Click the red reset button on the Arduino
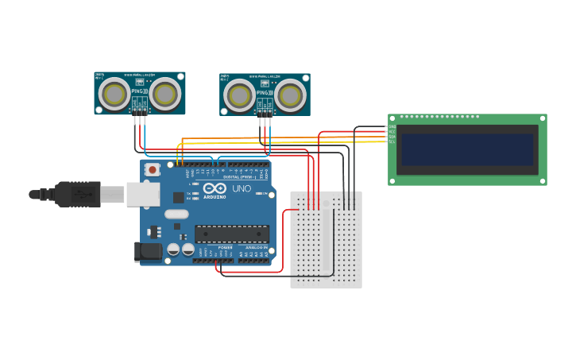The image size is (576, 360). [x=152, y=169]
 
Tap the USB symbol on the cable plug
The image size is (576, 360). [x=80, y=193]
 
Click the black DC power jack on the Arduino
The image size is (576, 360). [x=149, y=252]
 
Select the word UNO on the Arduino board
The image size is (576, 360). [x=241, y=189]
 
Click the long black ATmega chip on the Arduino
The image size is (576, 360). [x=232, y=234]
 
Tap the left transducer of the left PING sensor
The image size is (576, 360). [x=114, y=94]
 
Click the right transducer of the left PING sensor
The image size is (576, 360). [x=165, y=94]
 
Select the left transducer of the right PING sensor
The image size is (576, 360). [x=240, y=96]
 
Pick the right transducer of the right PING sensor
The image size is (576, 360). [x=290, y=96]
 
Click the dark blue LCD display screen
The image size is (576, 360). [x=467, y=149]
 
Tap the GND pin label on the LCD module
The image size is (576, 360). [x=392, y=126]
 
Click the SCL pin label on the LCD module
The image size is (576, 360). [x=392, y=141]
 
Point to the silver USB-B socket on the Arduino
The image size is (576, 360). [x=143, y=194]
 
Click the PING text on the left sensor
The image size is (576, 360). [x=137, y=92]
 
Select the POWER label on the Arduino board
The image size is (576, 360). [x=225, y=247]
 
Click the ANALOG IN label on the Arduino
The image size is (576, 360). [x=256, y=247]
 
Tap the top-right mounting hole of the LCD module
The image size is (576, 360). [x=543, y=118]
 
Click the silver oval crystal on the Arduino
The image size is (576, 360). [x=176, y=214]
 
